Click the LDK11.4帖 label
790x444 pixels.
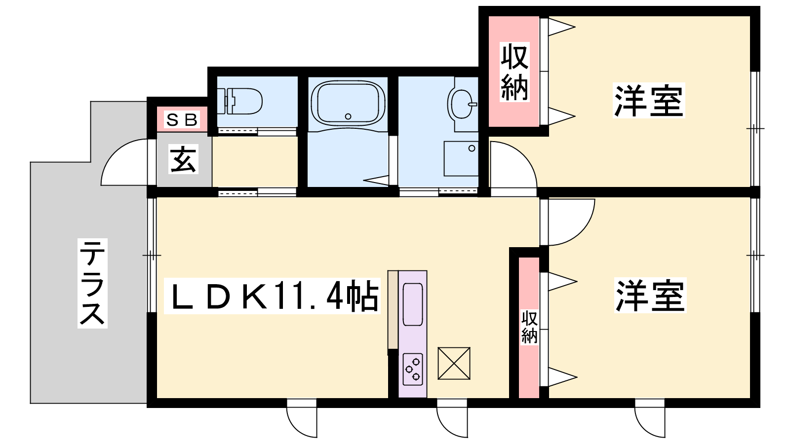tap(272, 296)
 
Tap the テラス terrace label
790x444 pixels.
tap(92, 283)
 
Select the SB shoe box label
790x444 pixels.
tap(182, 120)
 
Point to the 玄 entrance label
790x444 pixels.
tap(183, 159)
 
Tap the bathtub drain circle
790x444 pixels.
tap(348, 116)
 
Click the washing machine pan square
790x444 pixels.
tap(461, 158)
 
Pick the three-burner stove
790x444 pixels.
tap(413, 370)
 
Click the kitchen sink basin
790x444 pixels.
tap(413, 304)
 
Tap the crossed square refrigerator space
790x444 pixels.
tap(454, 363)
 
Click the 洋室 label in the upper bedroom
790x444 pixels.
tap(649, 101)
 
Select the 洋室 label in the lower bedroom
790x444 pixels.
tap(650, 296)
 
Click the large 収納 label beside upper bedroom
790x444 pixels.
tap(514, 72)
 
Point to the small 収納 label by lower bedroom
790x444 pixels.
tap(529, 327)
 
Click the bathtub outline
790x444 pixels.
tap(348, 103)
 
